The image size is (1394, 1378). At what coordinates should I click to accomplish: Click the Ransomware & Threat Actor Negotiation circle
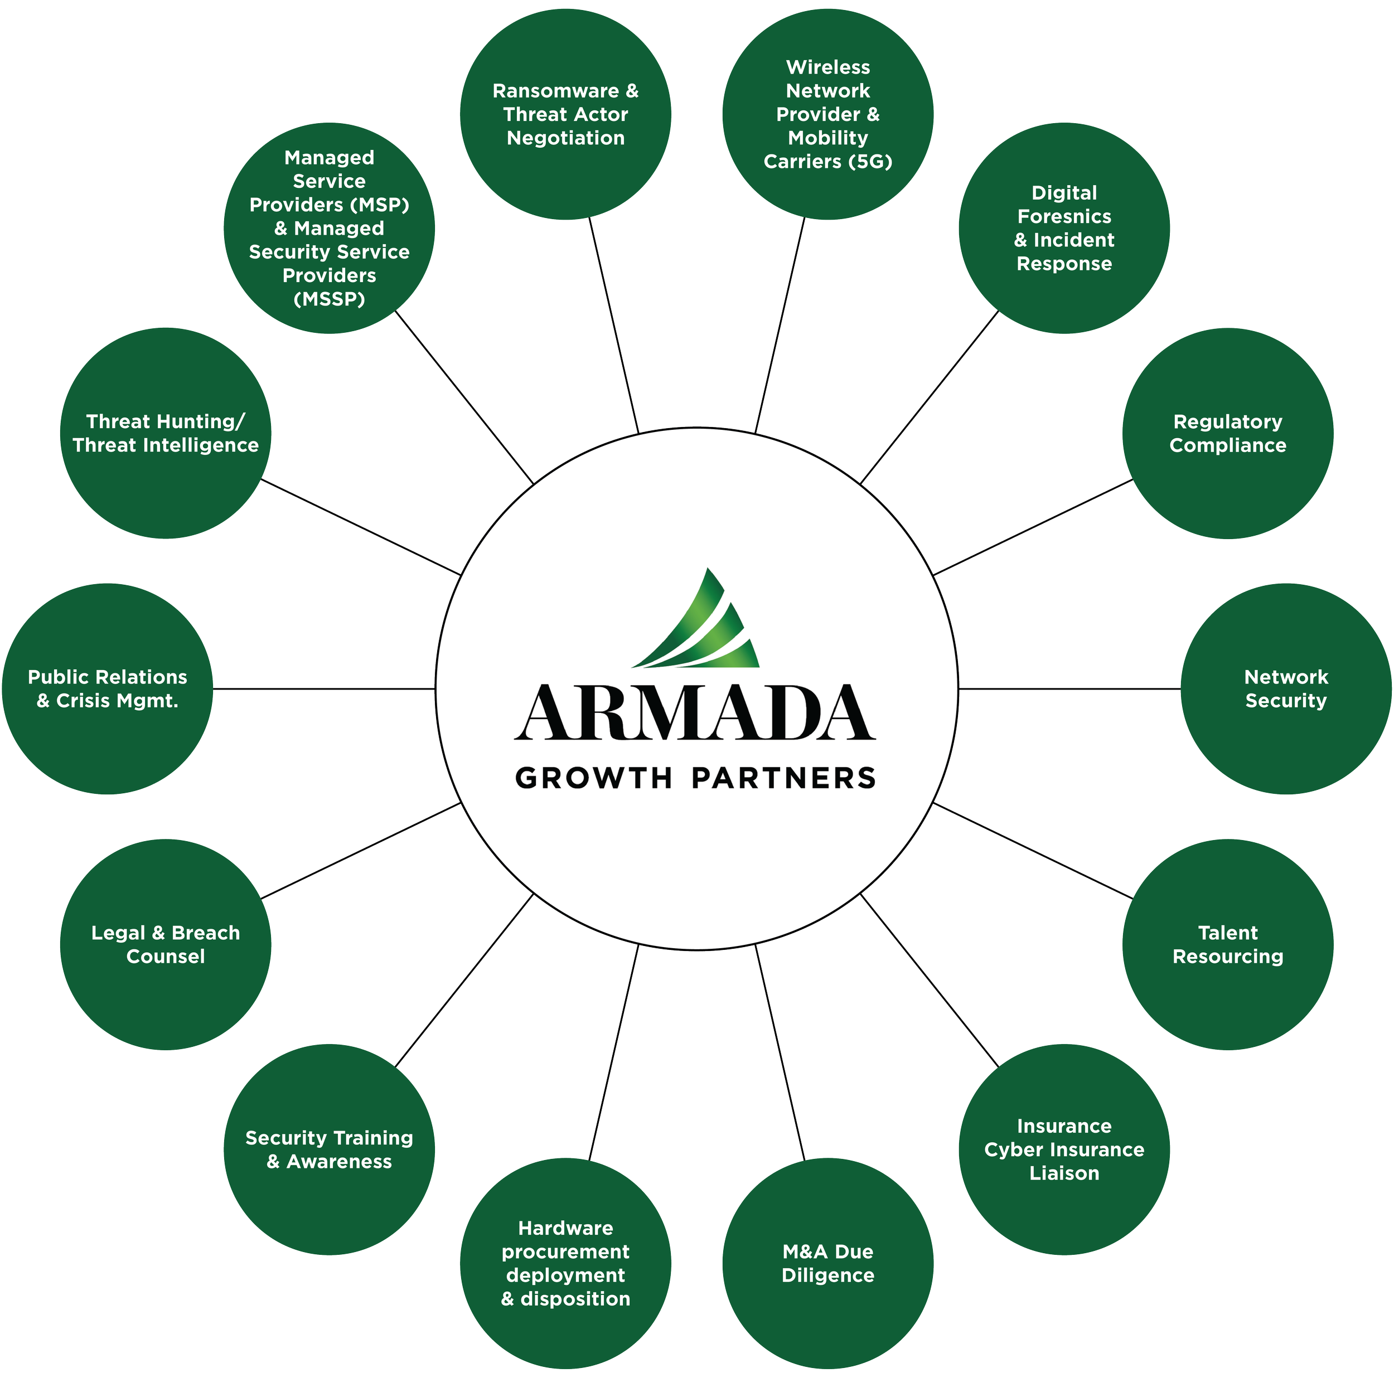tap(565, 114)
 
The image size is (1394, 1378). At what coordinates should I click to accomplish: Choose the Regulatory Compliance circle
tap(1227, 434)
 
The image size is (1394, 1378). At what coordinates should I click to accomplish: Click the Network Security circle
tap(1286, 689)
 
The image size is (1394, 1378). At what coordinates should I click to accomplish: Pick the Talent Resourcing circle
tap(1227, 944)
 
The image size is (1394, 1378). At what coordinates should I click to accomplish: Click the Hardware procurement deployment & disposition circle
tap(565, 1263)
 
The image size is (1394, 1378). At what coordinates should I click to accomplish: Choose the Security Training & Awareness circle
tap(329, 1149)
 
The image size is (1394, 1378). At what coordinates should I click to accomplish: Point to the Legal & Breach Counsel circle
tap(165, 944)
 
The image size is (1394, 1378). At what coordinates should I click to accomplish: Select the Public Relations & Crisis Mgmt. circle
tap(108, 689)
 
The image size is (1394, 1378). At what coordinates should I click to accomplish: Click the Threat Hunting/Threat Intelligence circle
tap(165, 434)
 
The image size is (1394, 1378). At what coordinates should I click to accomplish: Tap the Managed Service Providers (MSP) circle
tap(329, 228)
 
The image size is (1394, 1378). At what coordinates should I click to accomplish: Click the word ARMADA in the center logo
tap(695, 713)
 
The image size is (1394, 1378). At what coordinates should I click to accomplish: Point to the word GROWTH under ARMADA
tap(593, 778)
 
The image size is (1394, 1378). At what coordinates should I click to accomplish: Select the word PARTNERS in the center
tap(783, 778)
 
